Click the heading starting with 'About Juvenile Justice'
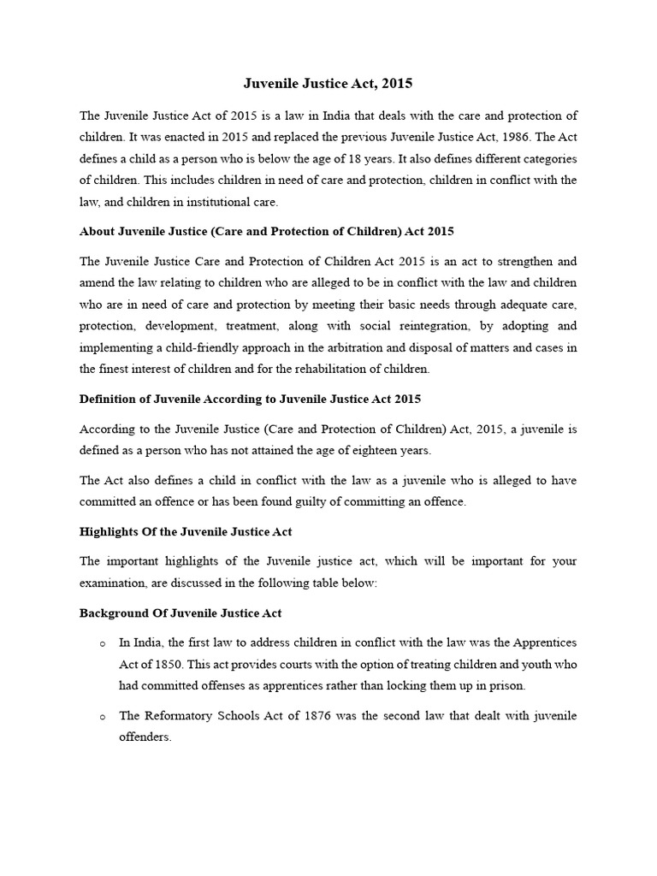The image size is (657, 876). click(x=266, y=231)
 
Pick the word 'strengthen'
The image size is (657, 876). click(x=523, y=261)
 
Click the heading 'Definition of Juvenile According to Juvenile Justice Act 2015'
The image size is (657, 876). click(x=250, y=399)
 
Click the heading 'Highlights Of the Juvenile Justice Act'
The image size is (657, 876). click(x=186, y=531)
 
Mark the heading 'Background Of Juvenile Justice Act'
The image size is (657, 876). click(x=181, y=613)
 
